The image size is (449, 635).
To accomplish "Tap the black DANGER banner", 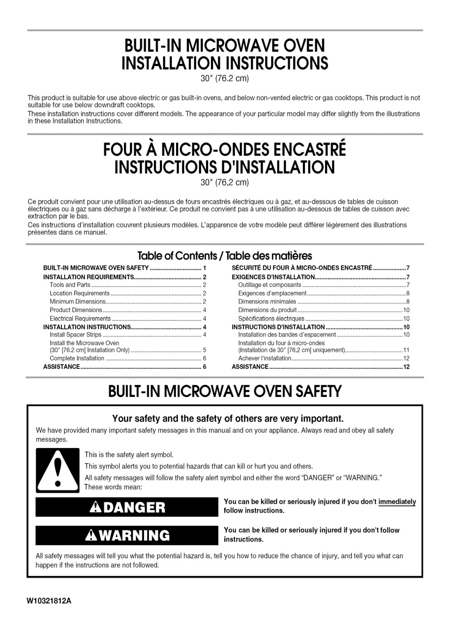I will (127, 507).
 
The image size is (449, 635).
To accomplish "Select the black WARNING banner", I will (127, 535).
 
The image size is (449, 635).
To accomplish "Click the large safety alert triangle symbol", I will (57, 470).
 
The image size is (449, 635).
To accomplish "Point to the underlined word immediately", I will (397, 501).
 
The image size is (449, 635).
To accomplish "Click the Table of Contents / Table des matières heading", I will (224, 256).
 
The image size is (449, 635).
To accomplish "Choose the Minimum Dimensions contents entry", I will (77, 302).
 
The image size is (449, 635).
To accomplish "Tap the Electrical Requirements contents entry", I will (80, 319).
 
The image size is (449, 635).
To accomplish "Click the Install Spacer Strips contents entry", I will (76, 335).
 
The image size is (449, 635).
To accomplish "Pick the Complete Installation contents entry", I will (77, 358).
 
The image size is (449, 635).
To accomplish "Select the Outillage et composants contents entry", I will (270, 285).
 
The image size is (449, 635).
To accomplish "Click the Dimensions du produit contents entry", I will (267, 310).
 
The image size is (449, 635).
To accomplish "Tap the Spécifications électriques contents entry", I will (271, 319).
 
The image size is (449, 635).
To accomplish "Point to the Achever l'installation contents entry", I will (265, 358).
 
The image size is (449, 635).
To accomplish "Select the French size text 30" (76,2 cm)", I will (225, 183).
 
